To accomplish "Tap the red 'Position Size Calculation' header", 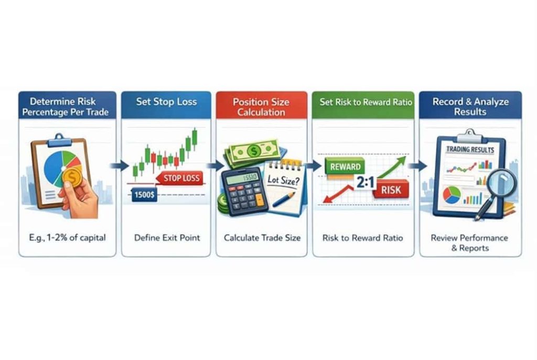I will (261, 107).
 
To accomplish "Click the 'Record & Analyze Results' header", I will (470, 107).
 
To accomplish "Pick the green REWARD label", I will (346, 167).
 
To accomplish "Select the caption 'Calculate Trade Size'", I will (262, 238).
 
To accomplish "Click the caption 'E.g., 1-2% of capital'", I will (68, 238).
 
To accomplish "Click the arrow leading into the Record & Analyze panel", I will (418, 166).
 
